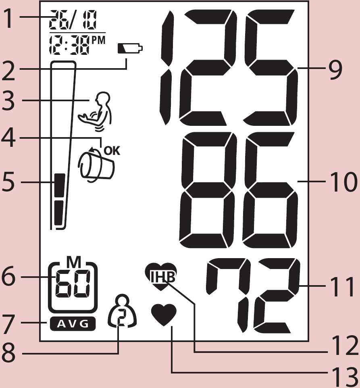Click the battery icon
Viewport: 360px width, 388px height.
click(x=130, y=48)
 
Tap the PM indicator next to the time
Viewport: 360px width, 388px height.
click(x=99, y=40)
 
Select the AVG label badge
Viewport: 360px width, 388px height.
click(x=73, y=323)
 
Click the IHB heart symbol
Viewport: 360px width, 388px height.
click(x=161, y=276)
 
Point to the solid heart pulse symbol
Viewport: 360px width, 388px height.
click(x=164, y=315)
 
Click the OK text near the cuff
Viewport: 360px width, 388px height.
click(x=112, y=151)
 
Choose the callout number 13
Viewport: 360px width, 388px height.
click(x=344, y=378)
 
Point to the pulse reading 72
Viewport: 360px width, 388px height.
click(x=253, y=296)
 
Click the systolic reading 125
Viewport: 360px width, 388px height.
click(x=229, y=67)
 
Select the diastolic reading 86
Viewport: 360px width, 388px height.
click(x=238, y=190)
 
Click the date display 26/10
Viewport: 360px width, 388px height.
click(x=73, y=20)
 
